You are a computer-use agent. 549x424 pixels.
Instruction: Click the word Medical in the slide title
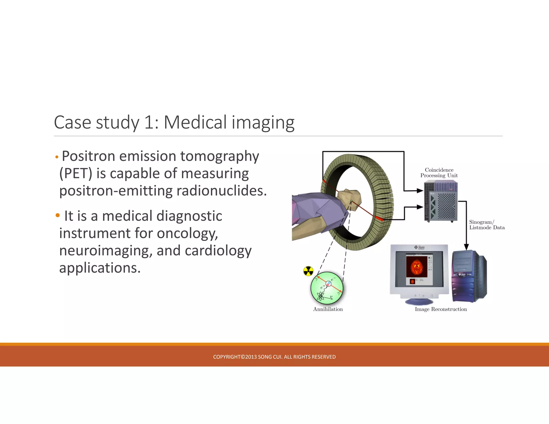click(x=195, y=122)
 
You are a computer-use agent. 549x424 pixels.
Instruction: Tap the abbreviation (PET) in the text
click(x=76, y=174)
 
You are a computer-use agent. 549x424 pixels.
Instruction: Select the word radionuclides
click(x=221, y=191)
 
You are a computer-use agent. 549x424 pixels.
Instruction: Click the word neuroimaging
click(x=106, y=251)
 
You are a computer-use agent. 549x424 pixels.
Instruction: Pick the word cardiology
click(x=218, y=251)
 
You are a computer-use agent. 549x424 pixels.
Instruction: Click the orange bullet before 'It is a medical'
click(x=58, y=215)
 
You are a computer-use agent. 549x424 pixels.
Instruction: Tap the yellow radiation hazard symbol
click(x=308, y=271)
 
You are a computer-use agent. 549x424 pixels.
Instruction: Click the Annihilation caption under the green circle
click(x=328, y=309)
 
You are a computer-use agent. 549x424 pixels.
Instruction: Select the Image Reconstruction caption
click(x=441, y=309)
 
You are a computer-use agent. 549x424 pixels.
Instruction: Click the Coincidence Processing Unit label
click(x=439, y=173)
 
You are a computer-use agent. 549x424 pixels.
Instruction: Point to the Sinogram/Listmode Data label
click(x=487, y=225)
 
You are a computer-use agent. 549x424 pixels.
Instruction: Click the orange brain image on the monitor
click(x=416, y=267)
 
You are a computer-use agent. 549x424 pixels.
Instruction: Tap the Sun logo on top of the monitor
click(x=419, y=247)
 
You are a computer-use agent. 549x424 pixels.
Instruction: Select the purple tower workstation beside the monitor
click(x=469, y=276)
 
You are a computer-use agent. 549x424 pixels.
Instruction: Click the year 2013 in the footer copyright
click(x=251, y=357)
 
